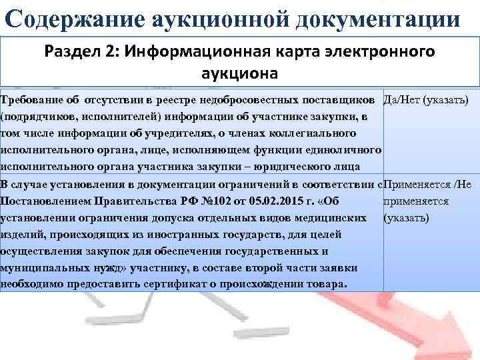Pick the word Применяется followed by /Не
point(414,183)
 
